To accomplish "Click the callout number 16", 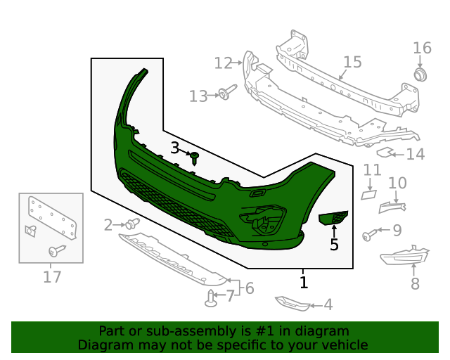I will [422, 48].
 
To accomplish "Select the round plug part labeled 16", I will [420, 75].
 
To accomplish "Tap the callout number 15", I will [352, 62].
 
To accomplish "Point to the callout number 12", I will [223, 63].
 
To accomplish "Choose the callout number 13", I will [199, 96].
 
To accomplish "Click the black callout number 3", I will [175, 148].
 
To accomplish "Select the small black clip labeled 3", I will [195, 157].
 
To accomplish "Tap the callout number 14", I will [416, 153].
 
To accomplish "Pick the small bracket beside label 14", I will [385, 151].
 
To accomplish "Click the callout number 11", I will [372, 170].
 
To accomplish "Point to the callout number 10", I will [397, 184].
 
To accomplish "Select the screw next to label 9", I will [369, 234].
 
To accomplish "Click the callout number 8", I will [415, 284].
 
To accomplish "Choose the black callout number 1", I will [304, 283].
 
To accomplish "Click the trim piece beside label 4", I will [292, 303].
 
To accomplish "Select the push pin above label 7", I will [211, 300].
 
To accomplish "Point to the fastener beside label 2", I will [131, 224].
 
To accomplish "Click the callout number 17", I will [52, 277].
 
